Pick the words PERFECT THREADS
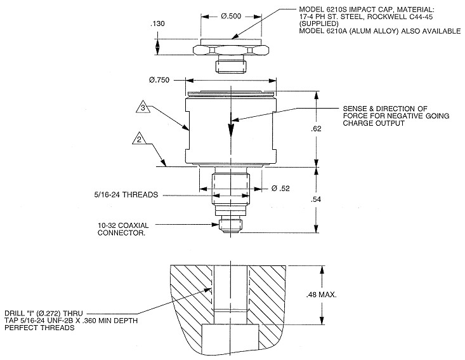[37, 328]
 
